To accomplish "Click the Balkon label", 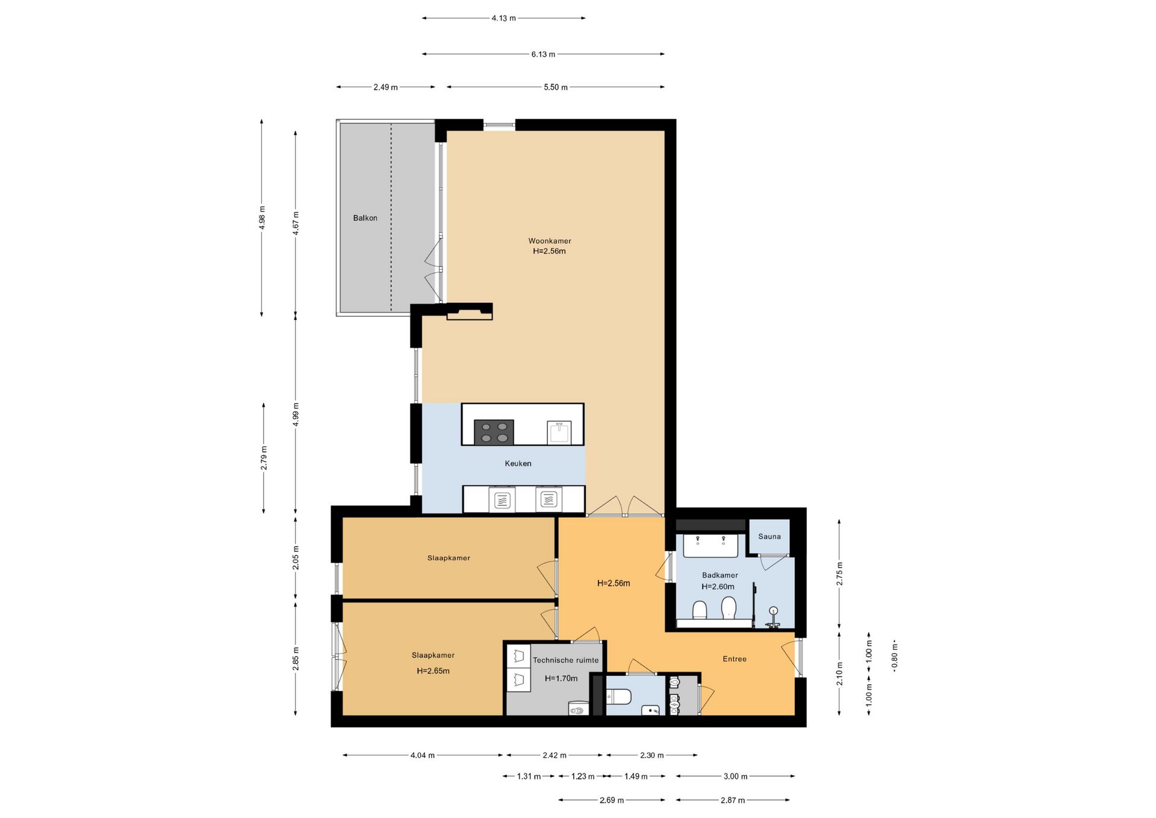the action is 365,218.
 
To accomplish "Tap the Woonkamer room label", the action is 550,241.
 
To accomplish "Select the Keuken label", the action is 518,463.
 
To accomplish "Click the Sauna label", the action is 769,536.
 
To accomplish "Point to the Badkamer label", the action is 719,575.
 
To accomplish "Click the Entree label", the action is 735,659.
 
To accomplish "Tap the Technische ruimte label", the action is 566,660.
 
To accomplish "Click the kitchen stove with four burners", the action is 494,432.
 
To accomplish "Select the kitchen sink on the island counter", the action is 559,432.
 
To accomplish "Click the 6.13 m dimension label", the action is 543,54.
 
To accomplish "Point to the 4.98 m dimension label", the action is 262,217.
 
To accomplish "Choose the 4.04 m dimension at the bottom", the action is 423,755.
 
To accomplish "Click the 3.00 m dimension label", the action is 735,776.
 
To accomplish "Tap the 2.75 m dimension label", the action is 840,573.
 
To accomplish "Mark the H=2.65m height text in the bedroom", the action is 433,671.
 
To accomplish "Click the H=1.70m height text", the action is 561,678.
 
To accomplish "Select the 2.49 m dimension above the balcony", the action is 385,87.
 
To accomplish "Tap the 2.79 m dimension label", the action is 264,458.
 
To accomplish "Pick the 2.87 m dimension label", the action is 733,800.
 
